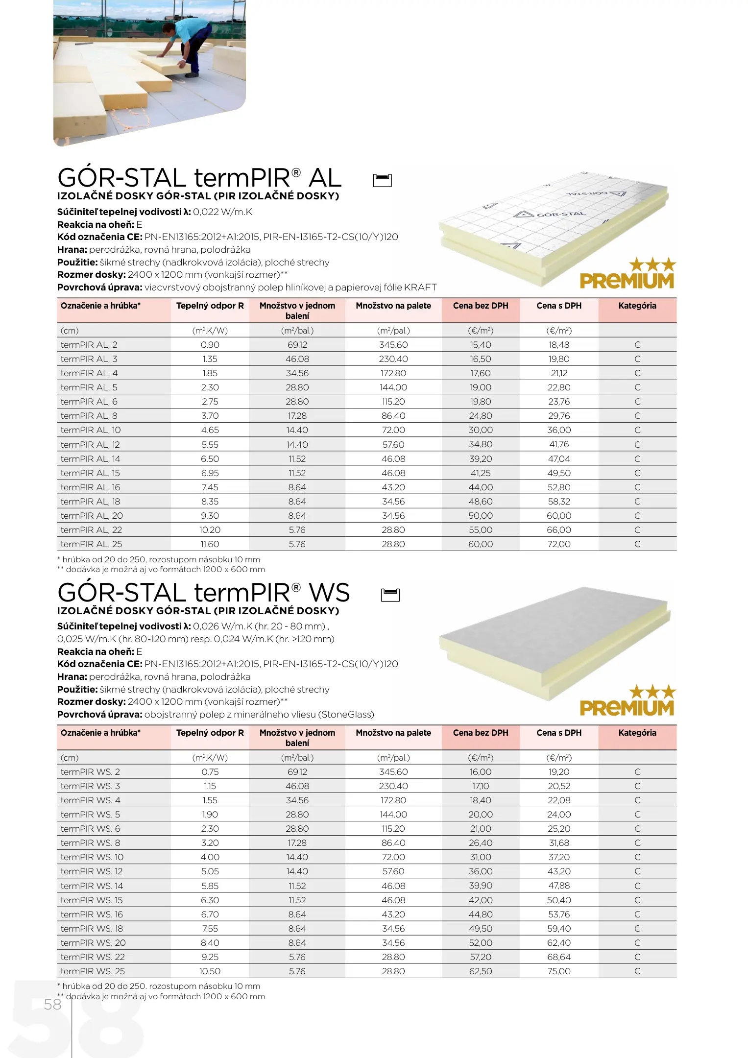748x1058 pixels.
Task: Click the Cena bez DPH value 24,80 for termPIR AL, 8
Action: pos(480,416)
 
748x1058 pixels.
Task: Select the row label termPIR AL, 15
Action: pos(90,473)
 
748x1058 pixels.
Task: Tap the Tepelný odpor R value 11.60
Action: pos(210,544)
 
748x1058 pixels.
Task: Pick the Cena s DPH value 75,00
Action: pos(558,971)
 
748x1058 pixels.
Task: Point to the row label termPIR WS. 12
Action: pos(92,871)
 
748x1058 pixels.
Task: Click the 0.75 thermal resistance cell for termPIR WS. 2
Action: pos(210,772)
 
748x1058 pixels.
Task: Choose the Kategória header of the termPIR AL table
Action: pos(637,306)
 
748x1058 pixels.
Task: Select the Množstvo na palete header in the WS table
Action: pos(393,733)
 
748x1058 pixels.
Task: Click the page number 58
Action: pos(53,1004)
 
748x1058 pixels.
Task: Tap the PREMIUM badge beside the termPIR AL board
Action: pos(627,274)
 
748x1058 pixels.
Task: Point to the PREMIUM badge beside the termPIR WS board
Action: pos(627,701)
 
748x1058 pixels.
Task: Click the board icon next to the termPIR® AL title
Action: pos(382,180)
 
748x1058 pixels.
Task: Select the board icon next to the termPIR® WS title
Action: pos(390,595)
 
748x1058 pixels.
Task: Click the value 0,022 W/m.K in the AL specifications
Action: pos(222,212)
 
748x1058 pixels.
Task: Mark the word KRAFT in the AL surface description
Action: pos(420,288)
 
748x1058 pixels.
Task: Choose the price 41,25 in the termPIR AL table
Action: pos(480,473)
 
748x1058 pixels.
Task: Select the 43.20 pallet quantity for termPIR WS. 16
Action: pos(393,914)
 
